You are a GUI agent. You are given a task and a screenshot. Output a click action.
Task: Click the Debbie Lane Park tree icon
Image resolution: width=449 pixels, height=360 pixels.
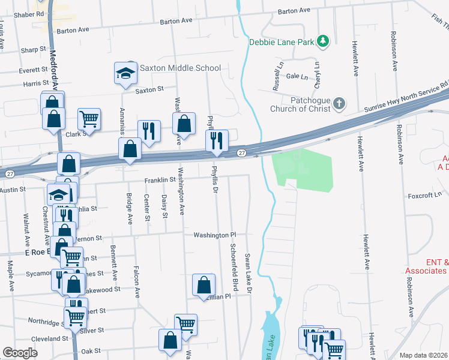tap(324, 41)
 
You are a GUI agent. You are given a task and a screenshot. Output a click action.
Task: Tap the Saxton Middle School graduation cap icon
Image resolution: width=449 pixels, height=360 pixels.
tap(126, 73)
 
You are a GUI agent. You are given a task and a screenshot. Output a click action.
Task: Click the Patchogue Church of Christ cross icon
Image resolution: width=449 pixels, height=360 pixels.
tap(339, 104)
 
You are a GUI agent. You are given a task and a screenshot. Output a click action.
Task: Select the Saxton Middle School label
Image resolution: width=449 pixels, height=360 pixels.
tap(180, 68)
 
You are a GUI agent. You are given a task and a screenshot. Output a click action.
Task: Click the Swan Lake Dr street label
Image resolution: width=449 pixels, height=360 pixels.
tap(247, 273)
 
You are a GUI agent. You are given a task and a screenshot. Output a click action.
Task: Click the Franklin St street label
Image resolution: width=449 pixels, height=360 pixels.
tap(159, 179)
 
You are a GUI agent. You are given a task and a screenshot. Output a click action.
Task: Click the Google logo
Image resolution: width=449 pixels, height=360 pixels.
tap(20, 353)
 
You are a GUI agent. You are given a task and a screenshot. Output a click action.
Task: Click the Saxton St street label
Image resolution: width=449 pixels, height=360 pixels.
tap(149, 89)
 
